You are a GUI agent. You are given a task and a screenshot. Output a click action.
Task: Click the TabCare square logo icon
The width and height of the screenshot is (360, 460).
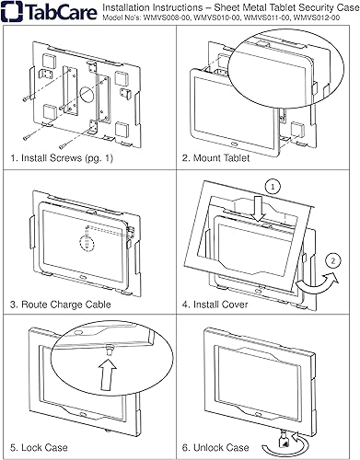click(x=12, y=11)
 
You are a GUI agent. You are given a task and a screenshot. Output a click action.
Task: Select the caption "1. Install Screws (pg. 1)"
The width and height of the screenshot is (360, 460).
click(x=62, y=158)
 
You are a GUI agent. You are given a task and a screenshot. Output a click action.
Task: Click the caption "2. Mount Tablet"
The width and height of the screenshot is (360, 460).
click(x=215, y=158)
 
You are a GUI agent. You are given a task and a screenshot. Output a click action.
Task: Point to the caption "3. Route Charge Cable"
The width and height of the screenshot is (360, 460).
click(x=61, y=305)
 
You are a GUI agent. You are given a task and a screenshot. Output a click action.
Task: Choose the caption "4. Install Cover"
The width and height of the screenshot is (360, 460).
click(x=215, y=305)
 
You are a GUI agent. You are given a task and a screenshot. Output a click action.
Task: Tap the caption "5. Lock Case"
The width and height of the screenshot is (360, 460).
click(x=39, y=447)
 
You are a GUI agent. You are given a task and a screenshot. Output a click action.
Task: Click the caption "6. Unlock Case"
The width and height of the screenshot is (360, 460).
click(x=215, y=447)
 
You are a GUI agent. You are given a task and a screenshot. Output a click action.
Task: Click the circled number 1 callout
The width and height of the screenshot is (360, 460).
click(x=273, y=186)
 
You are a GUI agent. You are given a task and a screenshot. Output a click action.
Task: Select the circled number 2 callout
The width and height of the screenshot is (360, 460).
click(x=333, y=260)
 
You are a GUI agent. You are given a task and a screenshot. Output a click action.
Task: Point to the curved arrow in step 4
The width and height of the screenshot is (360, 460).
click(x=318, y=282)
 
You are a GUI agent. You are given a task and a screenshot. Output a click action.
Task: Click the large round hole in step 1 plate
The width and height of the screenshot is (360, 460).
click(x=87, y=95)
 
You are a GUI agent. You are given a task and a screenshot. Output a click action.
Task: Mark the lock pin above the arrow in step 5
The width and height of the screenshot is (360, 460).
click(x=109, y=350)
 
